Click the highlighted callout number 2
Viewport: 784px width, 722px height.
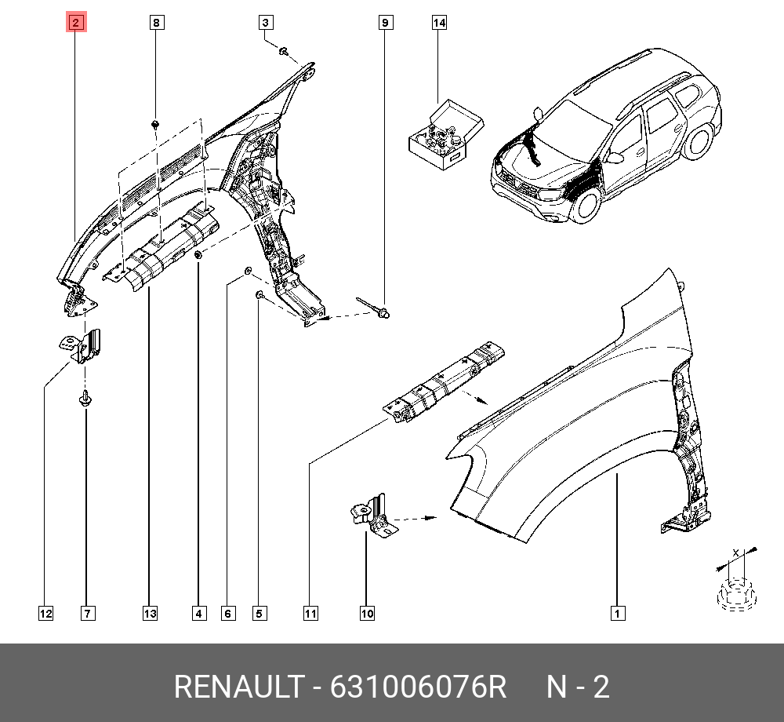(76, 23)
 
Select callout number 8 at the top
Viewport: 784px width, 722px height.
(157, 23)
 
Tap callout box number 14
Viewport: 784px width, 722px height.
(439, 23)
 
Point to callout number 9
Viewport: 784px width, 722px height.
(385, 23)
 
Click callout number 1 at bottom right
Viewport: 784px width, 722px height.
(618, 614)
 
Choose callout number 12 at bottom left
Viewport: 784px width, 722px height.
(45, 614)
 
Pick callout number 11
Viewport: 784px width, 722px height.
(310, 614)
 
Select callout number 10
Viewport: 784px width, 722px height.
(367, 614)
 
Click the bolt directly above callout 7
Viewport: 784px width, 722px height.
(85, 398)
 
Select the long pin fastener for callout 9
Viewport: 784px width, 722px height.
(373, 307)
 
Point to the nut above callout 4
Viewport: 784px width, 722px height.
(198, 256)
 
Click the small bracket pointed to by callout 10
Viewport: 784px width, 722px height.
(370, 516)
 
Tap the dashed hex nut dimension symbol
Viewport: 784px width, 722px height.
(737, 594)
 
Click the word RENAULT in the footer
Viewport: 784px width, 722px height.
(239, 687)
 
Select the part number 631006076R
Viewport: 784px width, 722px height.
(418, 687)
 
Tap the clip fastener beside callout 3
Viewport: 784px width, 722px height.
(284, 50)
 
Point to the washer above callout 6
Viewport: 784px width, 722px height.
(248, 272)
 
